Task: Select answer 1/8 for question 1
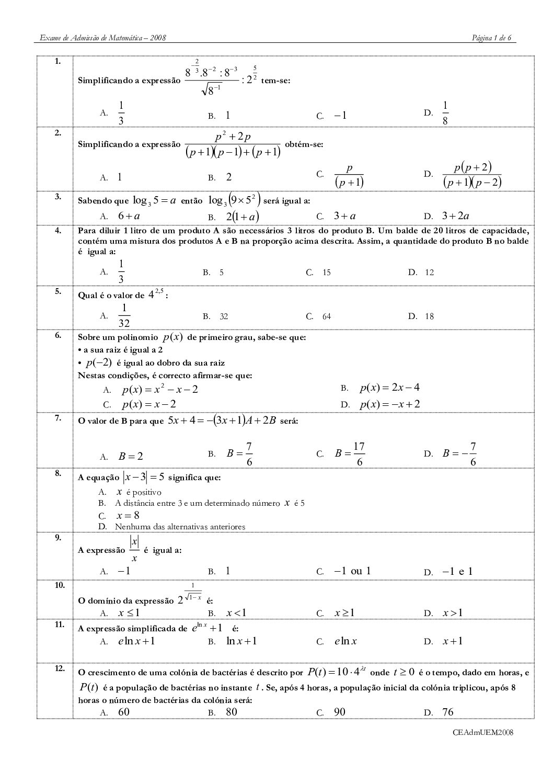point(445,114)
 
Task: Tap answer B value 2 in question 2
point(228,177)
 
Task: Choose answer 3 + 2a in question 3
point(455,216)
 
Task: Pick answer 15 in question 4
point(326,273)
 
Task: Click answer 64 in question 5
point(326,316)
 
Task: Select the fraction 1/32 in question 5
point(124,316)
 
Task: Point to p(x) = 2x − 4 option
point(389,388)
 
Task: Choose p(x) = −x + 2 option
point(389,404)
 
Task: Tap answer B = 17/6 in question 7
point(350,454)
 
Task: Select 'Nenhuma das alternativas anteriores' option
point(180,527)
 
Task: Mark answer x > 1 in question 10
point(453,613)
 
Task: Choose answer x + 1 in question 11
point(453,641)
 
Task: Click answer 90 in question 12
point(340,712)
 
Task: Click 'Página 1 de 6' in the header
point(491,38)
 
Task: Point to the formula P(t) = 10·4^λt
point(339,673)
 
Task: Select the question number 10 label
point(59,585)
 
